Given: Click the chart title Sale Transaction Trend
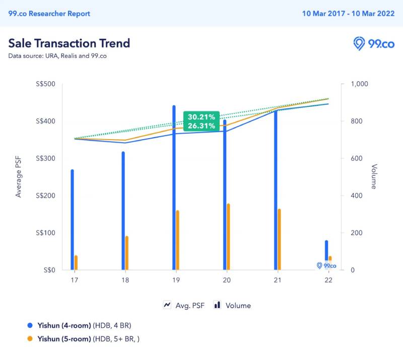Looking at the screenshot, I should [69, 43].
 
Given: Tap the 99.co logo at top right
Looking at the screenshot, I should [374, 43].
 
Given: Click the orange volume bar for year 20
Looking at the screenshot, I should [228, 236].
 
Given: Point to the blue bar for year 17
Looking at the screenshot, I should [72, 219].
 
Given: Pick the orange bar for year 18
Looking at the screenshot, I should [127, 253].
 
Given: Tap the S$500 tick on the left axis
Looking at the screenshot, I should [45, 84].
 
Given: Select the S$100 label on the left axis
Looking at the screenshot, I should [45, 233].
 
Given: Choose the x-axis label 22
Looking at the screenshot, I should [328, 280].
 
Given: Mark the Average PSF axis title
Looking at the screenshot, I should [19, 176].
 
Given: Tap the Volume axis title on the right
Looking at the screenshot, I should [374, 176].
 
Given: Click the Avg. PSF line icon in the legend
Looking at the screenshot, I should [167, 305].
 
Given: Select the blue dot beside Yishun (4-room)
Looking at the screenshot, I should [29, 325].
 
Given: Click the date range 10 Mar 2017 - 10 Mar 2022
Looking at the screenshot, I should [349, 14].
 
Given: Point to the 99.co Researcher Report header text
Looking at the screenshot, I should [49, 14].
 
